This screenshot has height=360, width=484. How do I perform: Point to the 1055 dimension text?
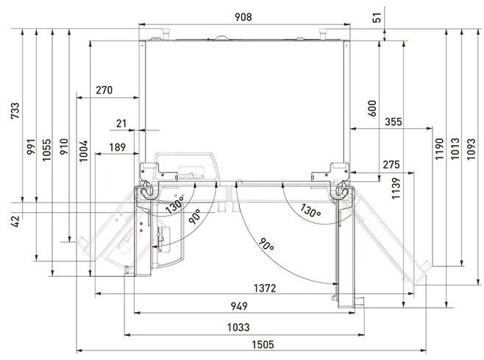click(x=46, y=148)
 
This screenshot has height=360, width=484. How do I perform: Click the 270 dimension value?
click(x=104, y=91)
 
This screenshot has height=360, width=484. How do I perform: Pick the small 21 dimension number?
click(x=121, y=123)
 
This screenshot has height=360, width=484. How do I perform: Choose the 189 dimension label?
click(x=116, y=148)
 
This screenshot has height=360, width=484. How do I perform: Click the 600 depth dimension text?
click(x=371, y=108)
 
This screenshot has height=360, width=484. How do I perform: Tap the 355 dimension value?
click(x=393, y=122)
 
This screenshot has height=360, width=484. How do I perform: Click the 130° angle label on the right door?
click(x=310, y=211)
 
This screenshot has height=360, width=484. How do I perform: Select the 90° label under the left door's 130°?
click(x=195, y=216)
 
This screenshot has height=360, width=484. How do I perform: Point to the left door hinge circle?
click(x=148, y=189)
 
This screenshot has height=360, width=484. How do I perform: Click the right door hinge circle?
click(x=341, y=189)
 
